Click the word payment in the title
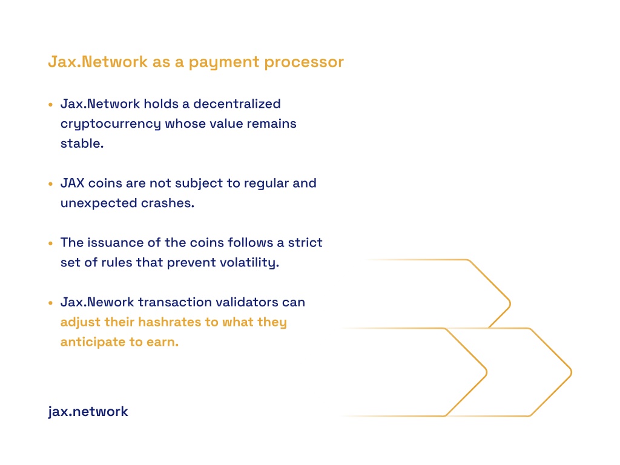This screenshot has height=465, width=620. tap(224, 62)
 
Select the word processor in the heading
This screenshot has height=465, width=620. tap(304, 62)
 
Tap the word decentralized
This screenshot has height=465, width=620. tap(237, 104)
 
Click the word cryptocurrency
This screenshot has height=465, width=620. tap(111, 124)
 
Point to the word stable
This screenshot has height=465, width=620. tap(82, 143)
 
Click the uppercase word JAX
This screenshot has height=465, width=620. tap(73, 183)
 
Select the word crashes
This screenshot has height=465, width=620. tap(168, 203)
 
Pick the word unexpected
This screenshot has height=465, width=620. tap(99, 203)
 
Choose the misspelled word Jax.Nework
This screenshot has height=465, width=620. tap(97, 302)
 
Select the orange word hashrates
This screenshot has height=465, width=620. tap(170, 322)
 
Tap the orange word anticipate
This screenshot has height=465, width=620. tap(93, 342)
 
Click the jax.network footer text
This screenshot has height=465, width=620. tap(88, 412)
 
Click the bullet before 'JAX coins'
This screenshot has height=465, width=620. tap(51, 184)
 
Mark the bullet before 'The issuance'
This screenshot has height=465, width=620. tap(51, 243)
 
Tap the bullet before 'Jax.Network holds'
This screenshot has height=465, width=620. tap(51, 105)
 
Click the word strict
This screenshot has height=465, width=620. tap(305, 242)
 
